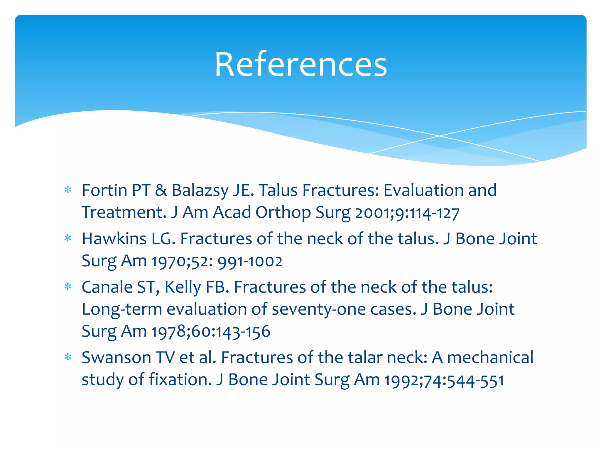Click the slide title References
pyautogui.click(x=301, y=64)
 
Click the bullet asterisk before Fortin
pyautogui.click(x=68, y=190)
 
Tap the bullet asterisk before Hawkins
pyautogui.click(x=68, y=238)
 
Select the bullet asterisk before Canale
pyautogui.click(x=68, y=287)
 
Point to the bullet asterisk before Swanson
pyautogui.click(x=68, y=357)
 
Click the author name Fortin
pyautogui.click(x=104, y=190)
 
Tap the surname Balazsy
pyautogui.click(x=200, y=191)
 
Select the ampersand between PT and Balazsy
pyautogui.click(x=161, y=190)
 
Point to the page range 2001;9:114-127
pyautogui.click(x=407, y=213)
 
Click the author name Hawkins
pyautogui.click(x=114, y=238)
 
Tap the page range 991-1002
pyautogui.click(x=250, y=261)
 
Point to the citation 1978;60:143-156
pyautogui.click(x=211, y=332)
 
